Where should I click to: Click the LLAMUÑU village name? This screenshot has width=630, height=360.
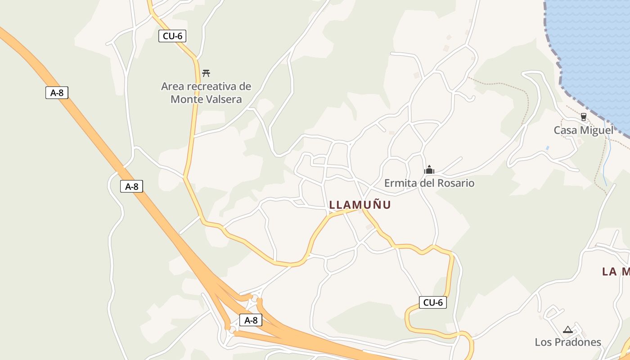360,205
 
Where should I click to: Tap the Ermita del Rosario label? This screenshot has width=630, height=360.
429,183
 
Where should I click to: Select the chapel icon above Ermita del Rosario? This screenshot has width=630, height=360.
429,170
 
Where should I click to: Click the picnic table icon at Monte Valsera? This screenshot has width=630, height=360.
206,73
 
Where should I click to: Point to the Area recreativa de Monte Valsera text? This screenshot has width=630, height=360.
206,93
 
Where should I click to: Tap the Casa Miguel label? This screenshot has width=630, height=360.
583,130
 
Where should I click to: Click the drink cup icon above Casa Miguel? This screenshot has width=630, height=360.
584,117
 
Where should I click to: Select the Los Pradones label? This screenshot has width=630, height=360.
567,342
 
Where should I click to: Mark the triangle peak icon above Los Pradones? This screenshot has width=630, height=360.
567,329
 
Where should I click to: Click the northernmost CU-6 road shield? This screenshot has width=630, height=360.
172,36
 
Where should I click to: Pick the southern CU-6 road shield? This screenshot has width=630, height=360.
433,302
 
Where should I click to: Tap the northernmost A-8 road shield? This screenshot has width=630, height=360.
57,93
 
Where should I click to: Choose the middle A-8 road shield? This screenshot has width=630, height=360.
131,186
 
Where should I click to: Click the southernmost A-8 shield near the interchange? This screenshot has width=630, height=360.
251,320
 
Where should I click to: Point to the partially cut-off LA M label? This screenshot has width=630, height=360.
616,271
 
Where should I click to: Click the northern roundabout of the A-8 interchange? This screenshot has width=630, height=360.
255,298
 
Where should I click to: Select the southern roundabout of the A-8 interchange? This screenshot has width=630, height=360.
232,330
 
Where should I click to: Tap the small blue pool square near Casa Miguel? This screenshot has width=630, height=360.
547,148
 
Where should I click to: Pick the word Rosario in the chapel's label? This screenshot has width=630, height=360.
455,183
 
